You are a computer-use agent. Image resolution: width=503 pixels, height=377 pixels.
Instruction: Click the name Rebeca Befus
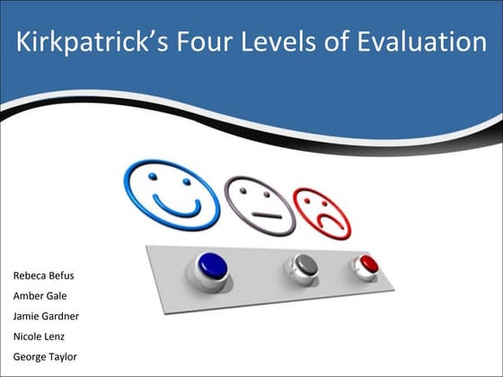tap(43, 275)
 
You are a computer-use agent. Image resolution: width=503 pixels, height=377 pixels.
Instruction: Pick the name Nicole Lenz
tap(38, 337)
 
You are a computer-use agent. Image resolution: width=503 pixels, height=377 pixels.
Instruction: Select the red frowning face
tap(322, 212)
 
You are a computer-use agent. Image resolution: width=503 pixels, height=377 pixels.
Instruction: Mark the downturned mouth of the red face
tap(326, 222)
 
